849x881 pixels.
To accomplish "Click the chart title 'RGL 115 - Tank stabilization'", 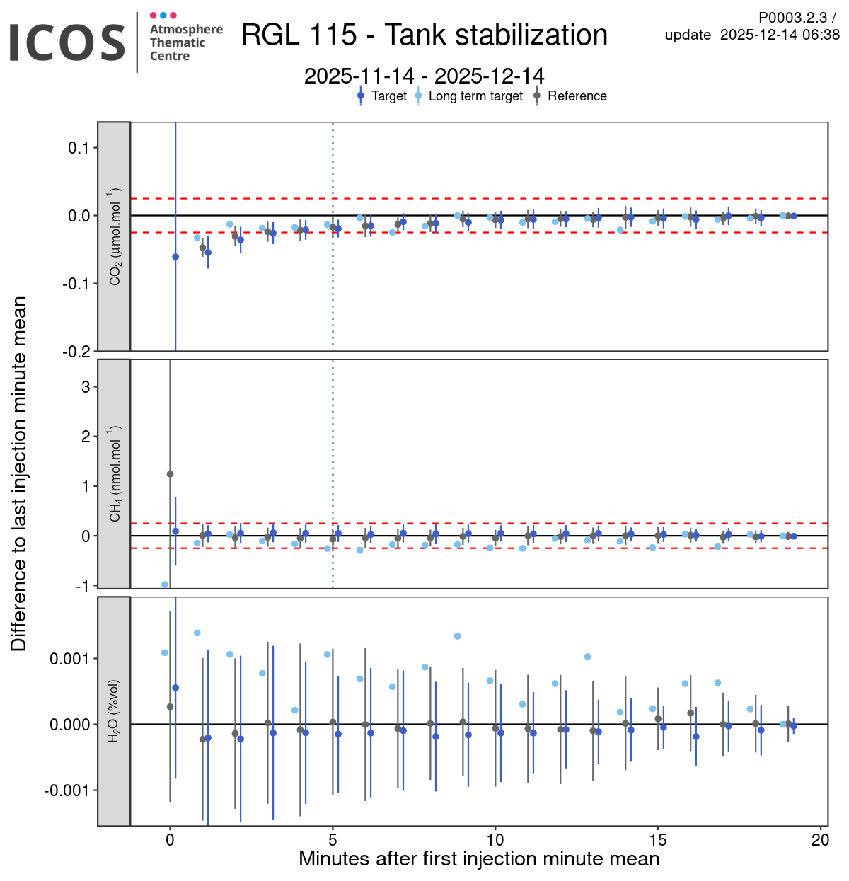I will pos(424,35).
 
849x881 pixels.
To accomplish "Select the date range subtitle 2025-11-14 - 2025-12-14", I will pos(424,76).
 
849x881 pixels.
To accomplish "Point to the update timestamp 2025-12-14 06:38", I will pos(780,35).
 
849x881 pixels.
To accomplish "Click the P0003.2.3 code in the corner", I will pos(792,18).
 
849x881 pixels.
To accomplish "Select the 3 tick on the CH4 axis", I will pos(86,387).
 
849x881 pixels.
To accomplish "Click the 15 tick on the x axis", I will pos(658,840).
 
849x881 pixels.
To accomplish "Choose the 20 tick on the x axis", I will pos(821,840).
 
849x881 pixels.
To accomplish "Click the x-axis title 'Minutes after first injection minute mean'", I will pos(479,859).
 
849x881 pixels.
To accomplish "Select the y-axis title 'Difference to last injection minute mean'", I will pos(19,473).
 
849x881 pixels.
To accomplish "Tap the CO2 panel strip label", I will pos(115,236).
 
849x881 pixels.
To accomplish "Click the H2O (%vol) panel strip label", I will pos(115,711).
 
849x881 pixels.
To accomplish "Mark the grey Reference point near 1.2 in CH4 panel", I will pos(170,474).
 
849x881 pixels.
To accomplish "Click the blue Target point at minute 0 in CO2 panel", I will pos(175,257).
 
